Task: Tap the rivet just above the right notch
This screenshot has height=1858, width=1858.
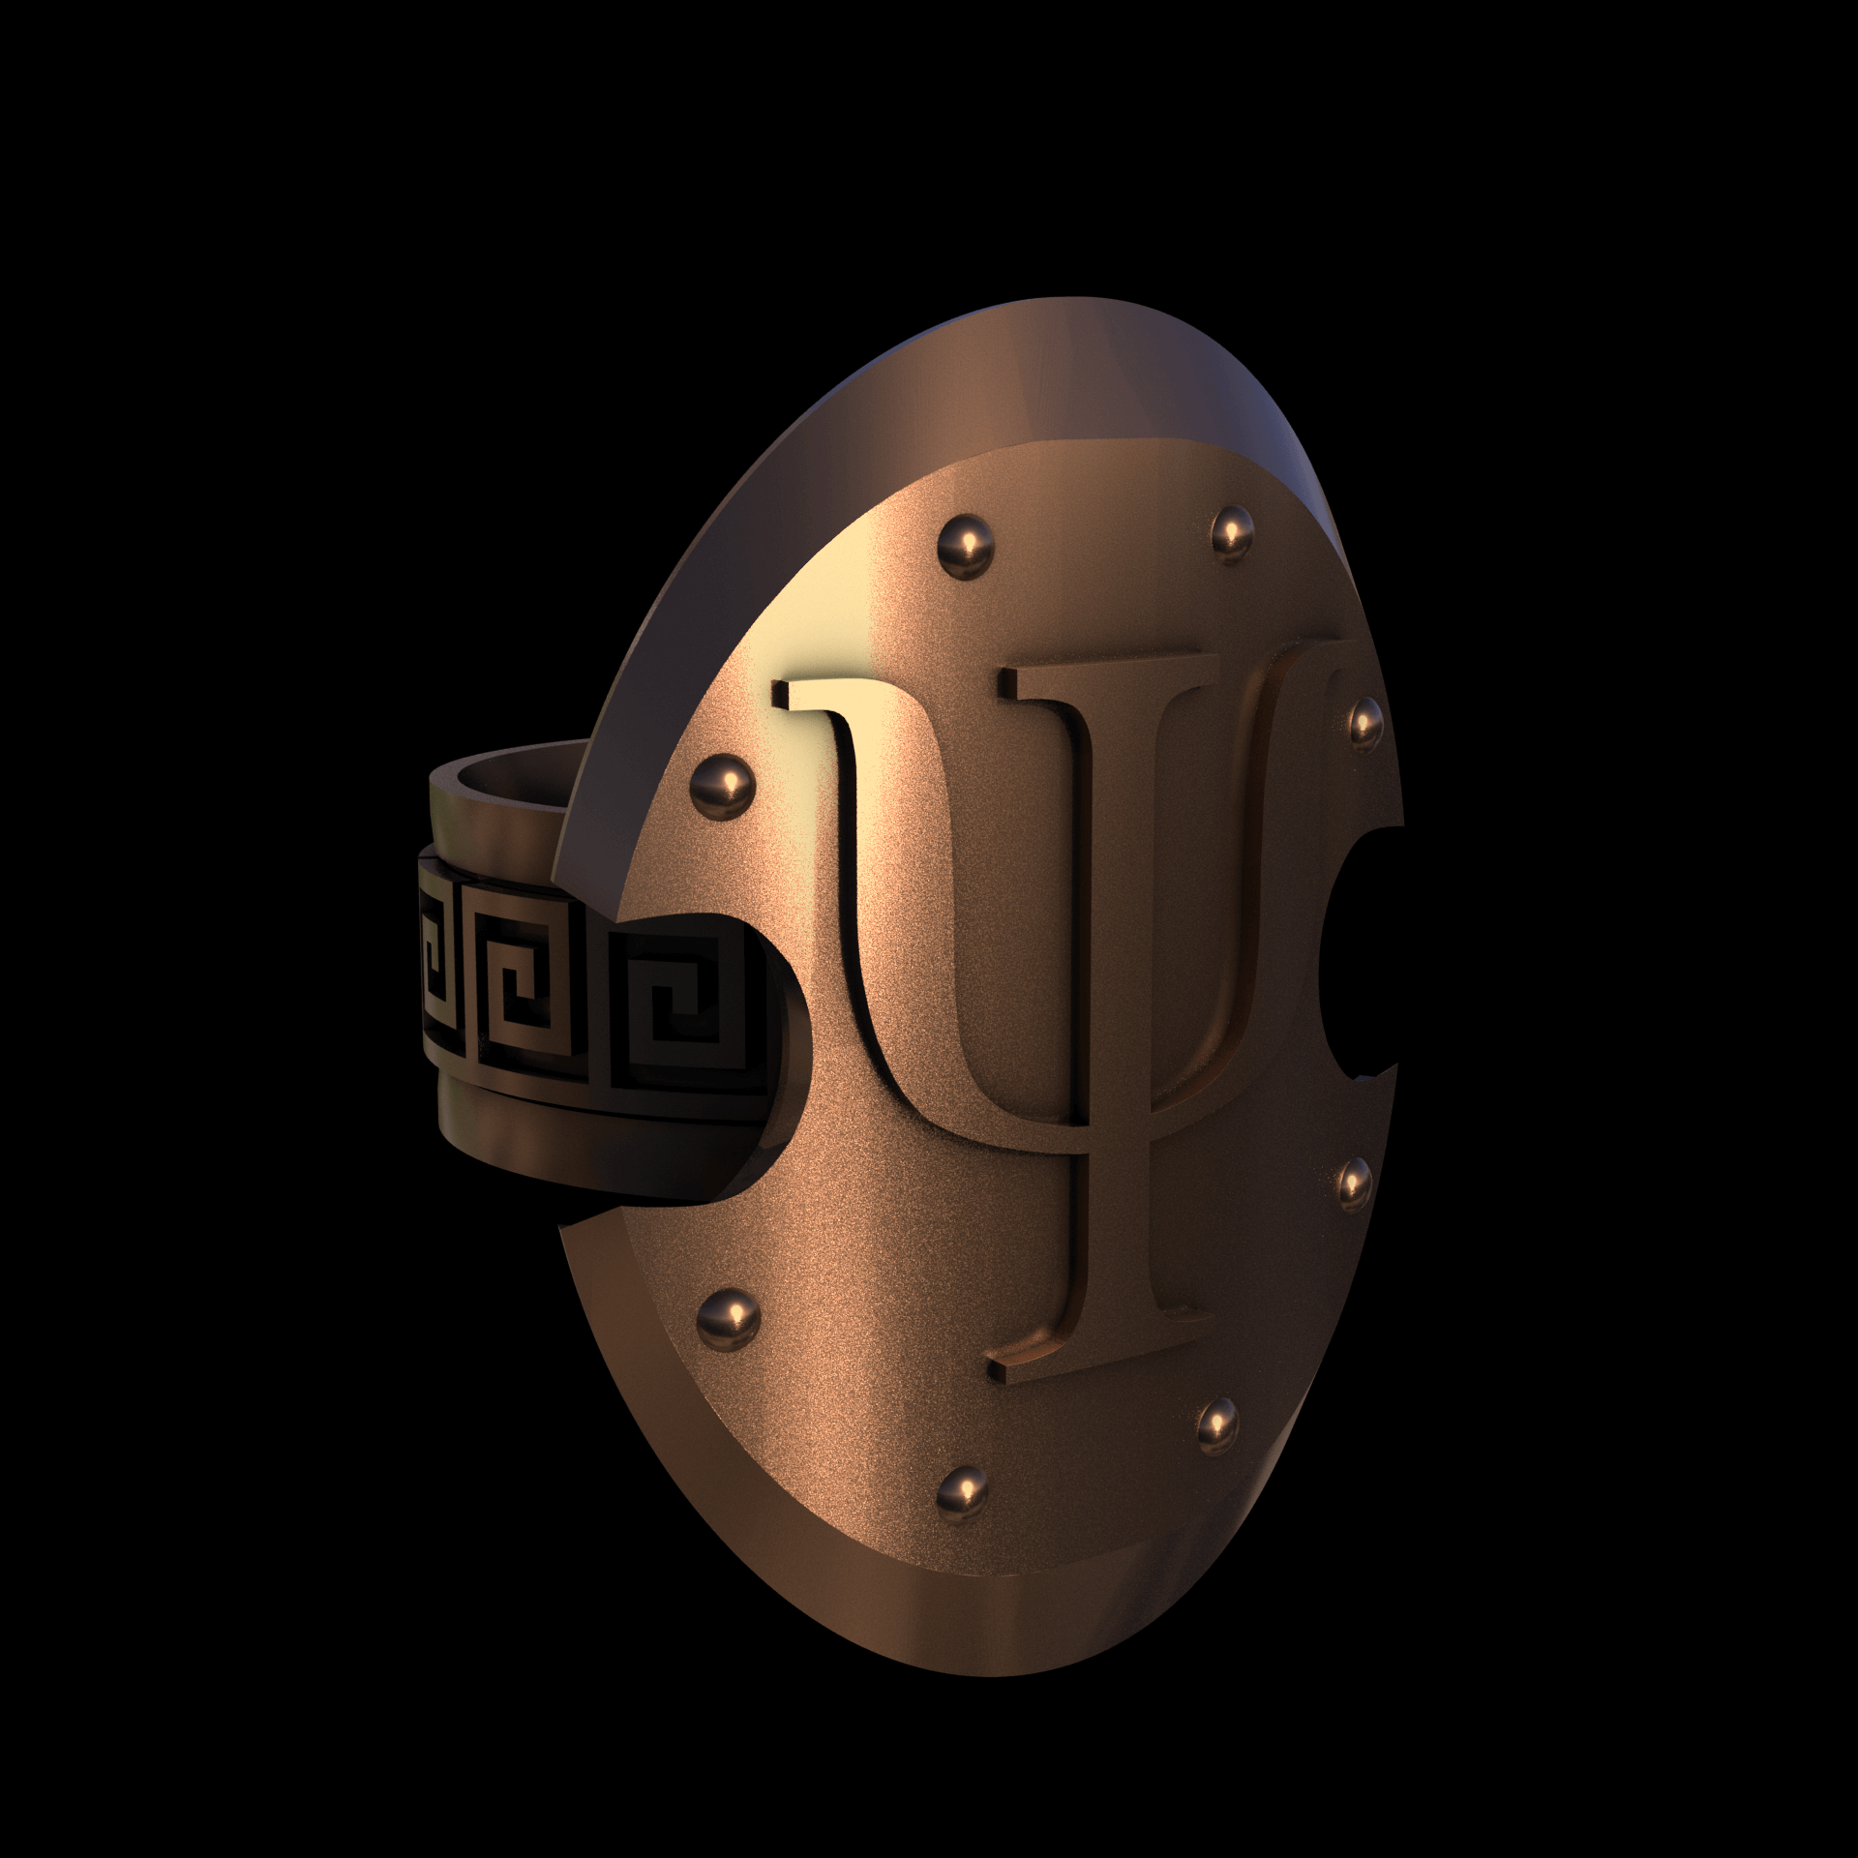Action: tap(1364, 720)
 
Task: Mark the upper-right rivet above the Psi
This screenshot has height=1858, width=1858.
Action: tap(1232, 527)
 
